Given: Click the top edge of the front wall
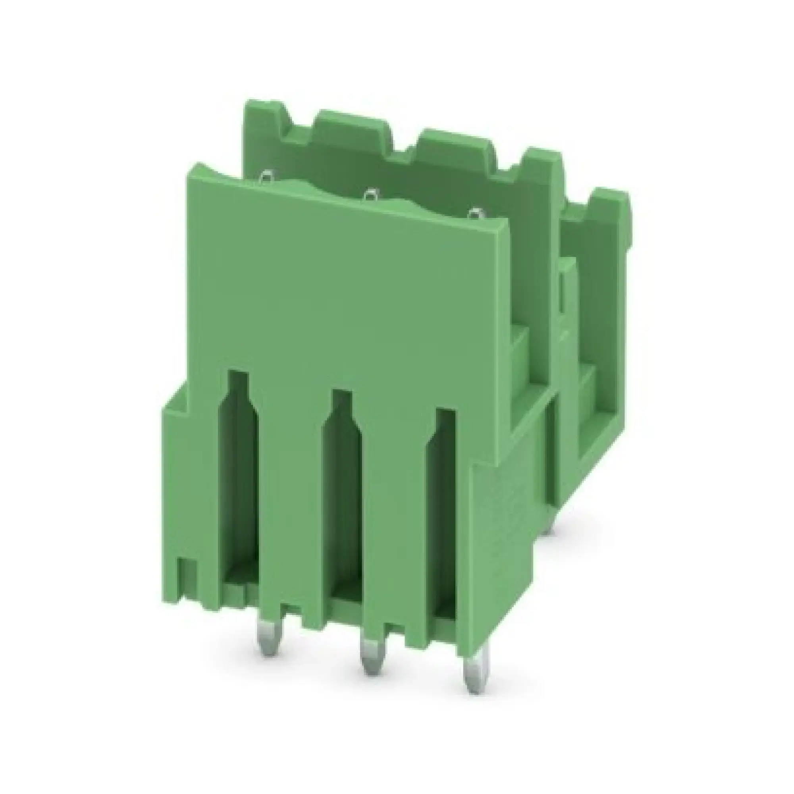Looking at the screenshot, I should [x=349, y=197].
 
